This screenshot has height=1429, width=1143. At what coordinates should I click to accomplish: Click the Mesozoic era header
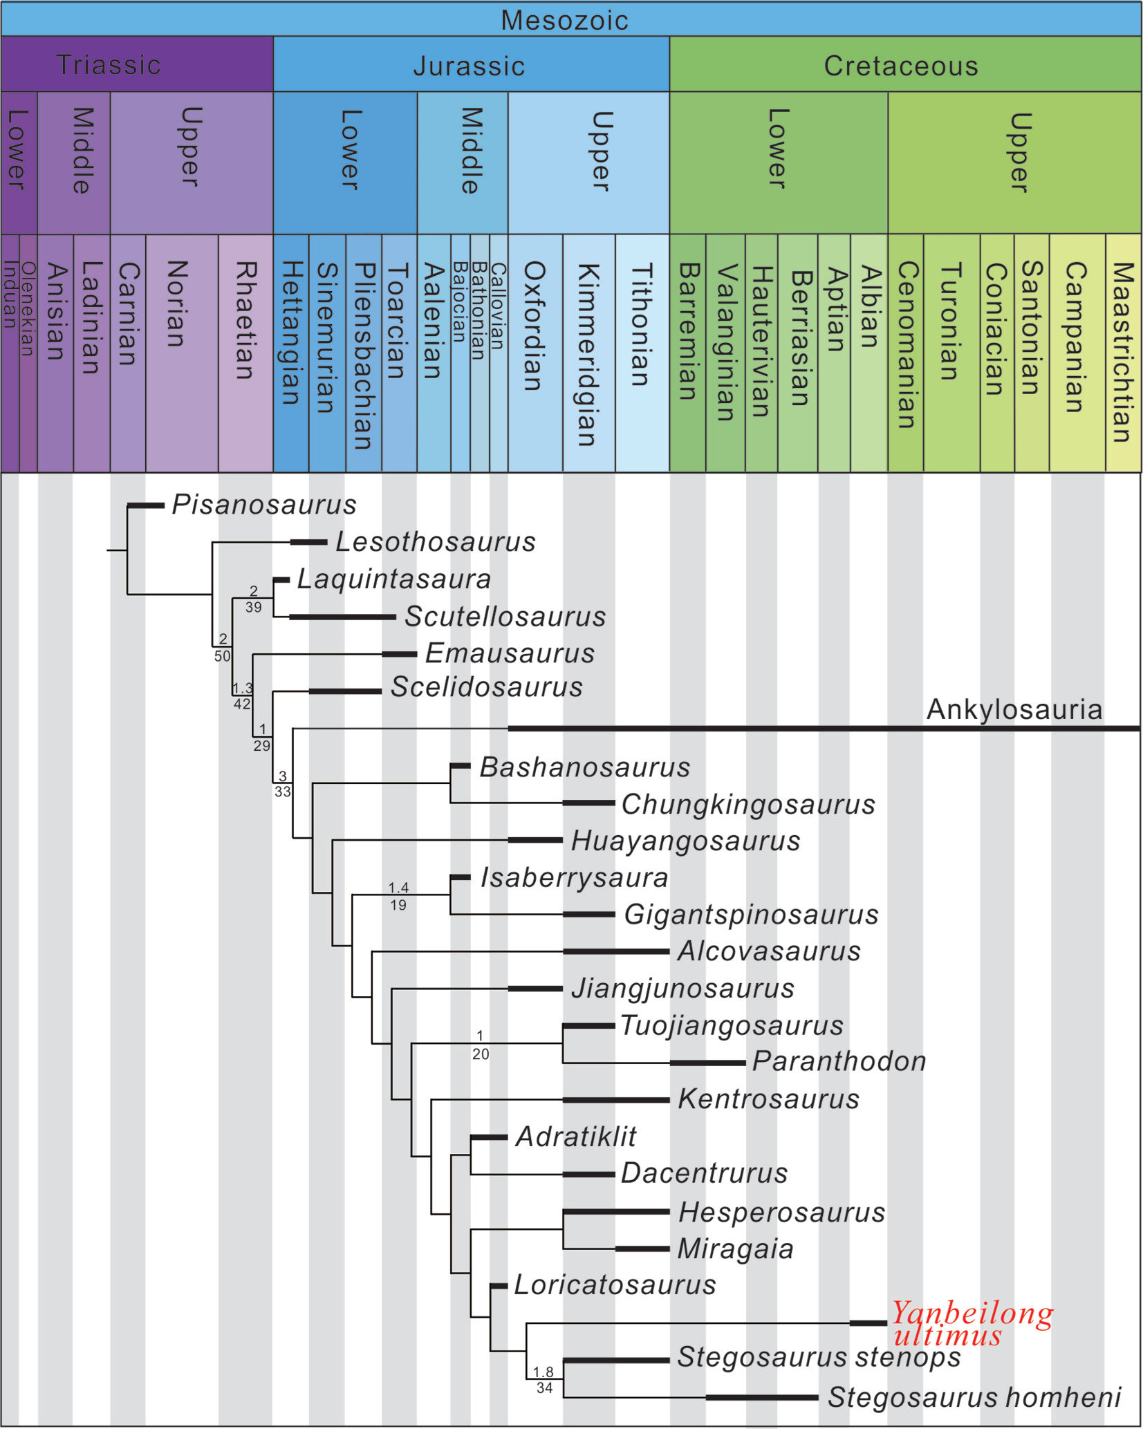pos(564,20)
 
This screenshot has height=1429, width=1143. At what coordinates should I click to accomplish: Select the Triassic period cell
pos(109,64)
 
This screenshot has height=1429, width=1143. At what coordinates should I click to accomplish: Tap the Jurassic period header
pos(469,66)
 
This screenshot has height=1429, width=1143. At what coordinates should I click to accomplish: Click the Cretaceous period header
pos(901,66)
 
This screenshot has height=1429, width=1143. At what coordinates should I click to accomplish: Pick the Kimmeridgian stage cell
pos(587,353)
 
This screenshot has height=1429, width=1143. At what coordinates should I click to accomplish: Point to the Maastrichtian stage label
pos(1122,352)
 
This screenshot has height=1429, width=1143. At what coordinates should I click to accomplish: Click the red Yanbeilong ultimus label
pos(972,1323)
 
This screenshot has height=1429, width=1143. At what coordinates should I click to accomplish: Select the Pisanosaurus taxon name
pos(263,505)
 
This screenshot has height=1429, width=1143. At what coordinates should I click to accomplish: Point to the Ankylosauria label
pos(1014,709)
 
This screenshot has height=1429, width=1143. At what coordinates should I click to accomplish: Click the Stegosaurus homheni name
pos(974,1397)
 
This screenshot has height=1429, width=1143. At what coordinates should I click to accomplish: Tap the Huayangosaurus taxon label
pos(685,841)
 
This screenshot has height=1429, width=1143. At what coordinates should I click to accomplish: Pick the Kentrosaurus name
pos(768,1099)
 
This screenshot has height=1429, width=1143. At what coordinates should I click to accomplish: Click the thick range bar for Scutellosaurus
pos(342,617)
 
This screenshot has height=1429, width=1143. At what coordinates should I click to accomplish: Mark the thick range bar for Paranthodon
pos(707,1063)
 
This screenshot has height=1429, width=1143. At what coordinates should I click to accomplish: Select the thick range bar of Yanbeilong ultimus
pos(868,1323)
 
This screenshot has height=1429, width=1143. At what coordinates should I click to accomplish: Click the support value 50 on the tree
pos(222,656)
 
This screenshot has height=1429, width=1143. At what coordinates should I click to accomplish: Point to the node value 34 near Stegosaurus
pos(544,1388)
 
